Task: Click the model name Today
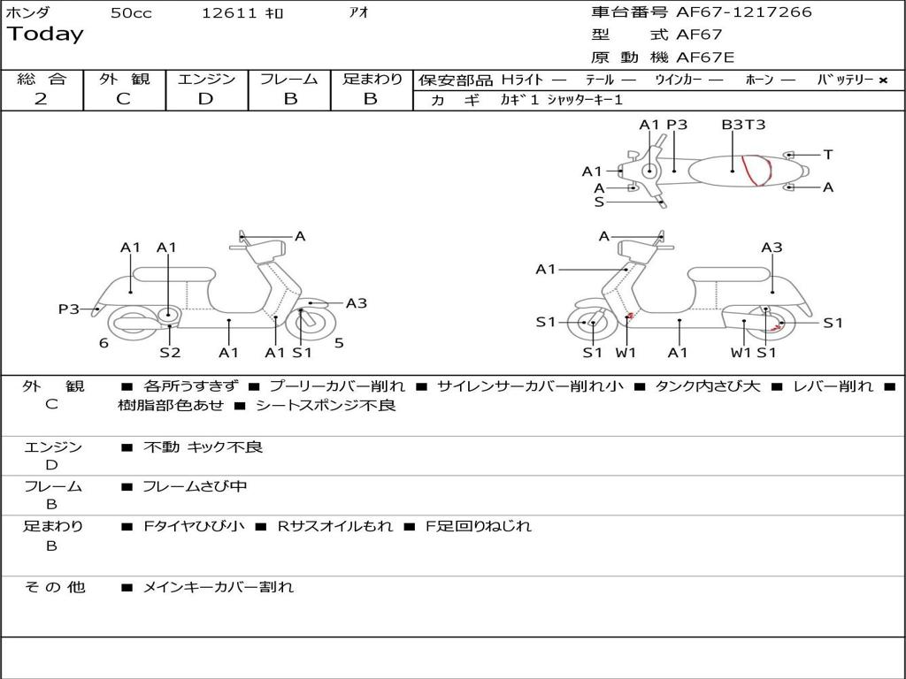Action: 45,34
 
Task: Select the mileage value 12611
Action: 229,13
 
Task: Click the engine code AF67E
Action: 705,58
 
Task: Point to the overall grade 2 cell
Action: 42,99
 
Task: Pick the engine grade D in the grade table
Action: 206,99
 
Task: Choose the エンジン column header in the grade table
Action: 206,80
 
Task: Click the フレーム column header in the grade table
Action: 289,80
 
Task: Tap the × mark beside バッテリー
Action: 883,80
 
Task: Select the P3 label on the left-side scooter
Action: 69,309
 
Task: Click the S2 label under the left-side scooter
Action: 170,353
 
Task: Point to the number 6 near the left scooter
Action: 104,343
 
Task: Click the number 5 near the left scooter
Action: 339,343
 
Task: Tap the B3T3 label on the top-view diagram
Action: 743,125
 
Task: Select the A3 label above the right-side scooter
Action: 772,248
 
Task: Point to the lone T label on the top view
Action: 828,155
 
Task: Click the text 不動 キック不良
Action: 203,447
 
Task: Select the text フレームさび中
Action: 195,486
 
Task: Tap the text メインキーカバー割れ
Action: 218,587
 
